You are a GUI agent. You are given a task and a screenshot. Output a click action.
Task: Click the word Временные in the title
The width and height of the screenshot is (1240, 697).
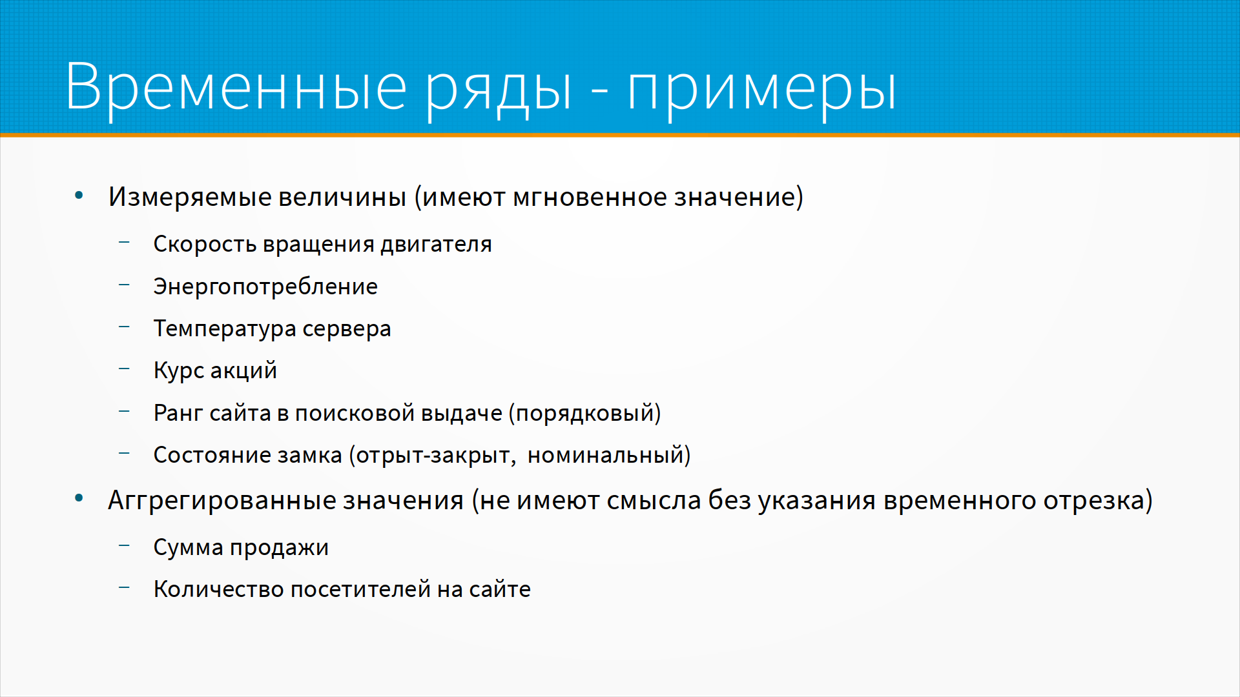point(236,86)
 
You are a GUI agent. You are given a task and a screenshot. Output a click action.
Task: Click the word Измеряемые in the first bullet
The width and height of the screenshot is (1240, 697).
point(189,197)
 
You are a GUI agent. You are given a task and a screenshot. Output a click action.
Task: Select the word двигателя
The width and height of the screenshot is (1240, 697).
point(436,245)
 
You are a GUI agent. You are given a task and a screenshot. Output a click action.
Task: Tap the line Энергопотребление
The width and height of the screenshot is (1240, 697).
point(265,287)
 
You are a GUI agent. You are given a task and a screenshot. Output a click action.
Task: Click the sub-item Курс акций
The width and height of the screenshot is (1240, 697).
point(215,370)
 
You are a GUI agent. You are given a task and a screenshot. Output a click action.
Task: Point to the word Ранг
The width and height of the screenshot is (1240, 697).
point(178,413)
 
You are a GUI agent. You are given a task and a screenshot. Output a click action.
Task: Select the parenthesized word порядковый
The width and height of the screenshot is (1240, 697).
point(584,413)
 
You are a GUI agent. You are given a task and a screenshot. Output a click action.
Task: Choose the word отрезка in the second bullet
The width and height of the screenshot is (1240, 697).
point(1098,501)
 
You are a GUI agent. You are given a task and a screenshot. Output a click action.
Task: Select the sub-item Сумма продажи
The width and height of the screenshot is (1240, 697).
point(241,547)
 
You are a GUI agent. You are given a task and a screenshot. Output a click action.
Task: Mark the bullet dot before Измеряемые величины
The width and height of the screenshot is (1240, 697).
point(79,195)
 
